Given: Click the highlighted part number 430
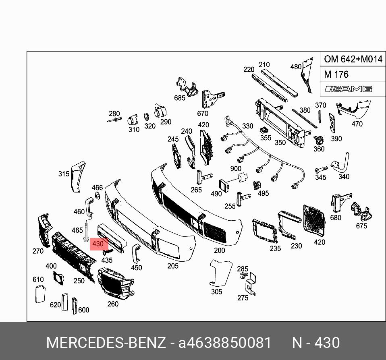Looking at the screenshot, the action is point(98,244).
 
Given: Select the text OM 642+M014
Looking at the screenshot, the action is point(353,60).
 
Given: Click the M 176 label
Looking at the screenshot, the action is point(336,74).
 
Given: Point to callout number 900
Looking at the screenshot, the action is point(235,169).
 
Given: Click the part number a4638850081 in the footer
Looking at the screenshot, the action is point(225,343).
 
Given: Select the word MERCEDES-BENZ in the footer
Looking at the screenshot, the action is point(106,343).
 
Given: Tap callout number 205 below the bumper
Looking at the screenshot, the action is point(172,265).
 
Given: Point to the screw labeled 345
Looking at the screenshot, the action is point(321,169).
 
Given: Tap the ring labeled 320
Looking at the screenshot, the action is point(147,117).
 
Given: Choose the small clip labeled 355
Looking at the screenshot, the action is point(264,130).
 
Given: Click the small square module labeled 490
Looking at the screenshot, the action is point(223,184).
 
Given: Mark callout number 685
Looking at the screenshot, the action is point(179,98).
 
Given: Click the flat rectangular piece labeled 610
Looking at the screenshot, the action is point(39,293).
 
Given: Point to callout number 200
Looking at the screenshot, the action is point(219,250).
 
